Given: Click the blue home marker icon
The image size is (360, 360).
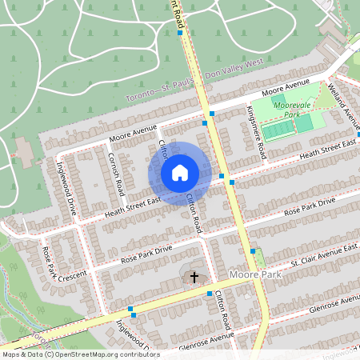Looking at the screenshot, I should [x=180, y=173].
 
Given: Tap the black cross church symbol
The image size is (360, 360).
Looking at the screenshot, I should [x=193, y=278].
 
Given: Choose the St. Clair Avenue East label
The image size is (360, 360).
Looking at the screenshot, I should [x=323, y=255].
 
